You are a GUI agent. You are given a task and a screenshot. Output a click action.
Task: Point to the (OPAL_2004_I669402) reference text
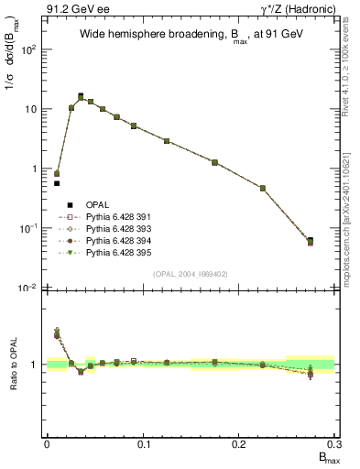191,273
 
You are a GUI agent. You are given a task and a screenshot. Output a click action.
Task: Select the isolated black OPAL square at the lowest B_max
57,183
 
